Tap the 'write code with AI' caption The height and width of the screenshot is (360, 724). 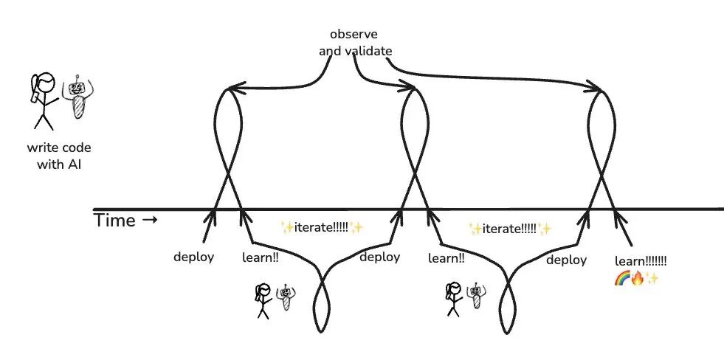(64, 156)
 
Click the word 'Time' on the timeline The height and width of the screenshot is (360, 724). (115, 221)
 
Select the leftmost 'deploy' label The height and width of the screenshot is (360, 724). (194, 257)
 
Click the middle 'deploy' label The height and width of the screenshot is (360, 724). (380, 257)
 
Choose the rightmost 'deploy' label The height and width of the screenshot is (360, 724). (567, 260)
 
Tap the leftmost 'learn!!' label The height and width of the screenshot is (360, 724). (261, 257)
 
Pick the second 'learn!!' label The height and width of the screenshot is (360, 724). (446, 258)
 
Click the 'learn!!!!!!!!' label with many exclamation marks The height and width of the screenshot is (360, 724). (641, 262)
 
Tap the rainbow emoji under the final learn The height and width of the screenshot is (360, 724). (621, 278)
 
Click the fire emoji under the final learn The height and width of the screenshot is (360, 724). (636, 278)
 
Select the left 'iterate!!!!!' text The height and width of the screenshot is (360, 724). (323, 227)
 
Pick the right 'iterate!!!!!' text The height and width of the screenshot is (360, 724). (510, 229)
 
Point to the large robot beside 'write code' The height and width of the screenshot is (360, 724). (77, 100)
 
